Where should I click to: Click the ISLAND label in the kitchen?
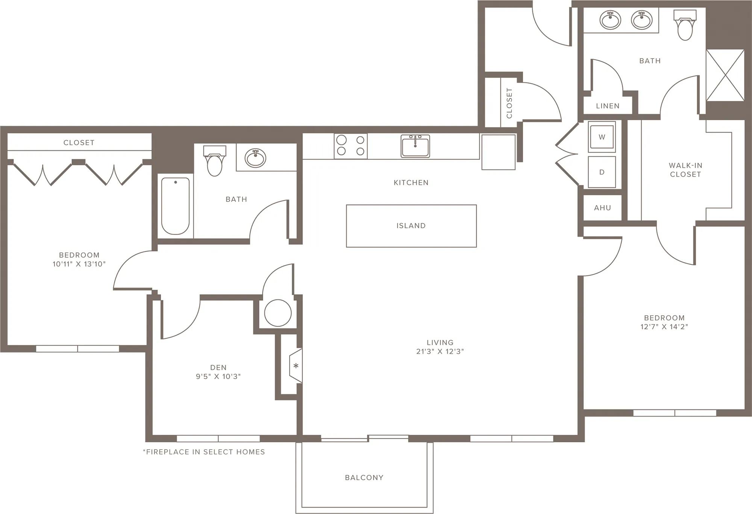coord(411,226)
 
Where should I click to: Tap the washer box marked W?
coord(602,137)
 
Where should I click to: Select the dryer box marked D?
coord(602,172)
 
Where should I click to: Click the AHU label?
coord(602,208)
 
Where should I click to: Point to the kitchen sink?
coord(415,146)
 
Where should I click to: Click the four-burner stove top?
coord(350,146)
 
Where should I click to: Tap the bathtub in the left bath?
coord(175,206)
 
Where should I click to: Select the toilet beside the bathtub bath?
coord(215,161)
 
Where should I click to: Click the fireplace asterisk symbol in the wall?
coord(296,366)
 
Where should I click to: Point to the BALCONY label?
coord(364,478)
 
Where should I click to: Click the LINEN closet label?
coord(608,106)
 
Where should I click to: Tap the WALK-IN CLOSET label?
coord(685,170)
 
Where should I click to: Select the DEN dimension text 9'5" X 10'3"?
coord(218,376)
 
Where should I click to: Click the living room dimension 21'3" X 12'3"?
coord(440,351)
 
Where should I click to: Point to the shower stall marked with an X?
coord(725,75)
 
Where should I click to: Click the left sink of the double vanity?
coord(610,20)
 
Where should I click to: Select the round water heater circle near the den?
coord(278,313)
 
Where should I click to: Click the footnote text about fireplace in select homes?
coord(204,452)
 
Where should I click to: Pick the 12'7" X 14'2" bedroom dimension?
coord(664,327)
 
